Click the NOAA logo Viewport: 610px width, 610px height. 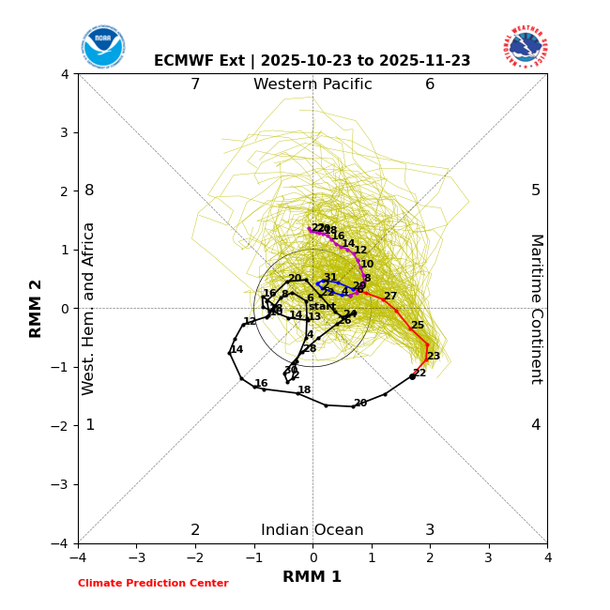(102, 46)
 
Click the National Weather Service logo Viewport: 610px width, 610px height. (525, 46)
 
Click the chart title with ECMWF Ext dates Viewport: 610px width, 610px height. (313, 61)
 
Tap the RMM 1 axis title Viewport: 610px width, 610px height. (313, 577)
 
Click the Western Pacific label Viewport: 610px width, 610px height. (313, 84)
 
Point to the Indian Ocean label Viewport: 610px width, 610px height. (313, 530)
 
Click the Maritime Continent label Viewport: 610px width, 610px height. (536, 308)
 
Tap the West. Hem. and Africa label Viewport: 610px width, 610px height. (89, 308)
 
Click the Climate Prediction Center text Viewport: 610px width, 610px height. (153, 584)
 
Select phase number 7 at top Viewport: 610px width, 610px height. (195, 84)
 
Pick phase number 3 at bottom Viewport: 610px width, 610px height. (430, 530)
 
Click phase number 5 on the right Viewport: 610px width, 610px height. (536, 191)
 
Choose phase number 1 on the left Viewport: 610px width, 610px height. (90, 425)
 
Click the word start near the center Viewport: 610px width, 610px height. (322, 307)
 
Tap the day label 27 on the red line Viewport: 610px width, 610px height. (389, 297)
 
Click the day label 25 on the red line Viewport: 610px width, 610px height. (418, 326)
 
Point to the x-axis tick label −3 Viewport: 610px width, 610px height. (136, 557)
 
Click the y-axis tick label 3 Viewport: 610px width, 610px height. (65, 132)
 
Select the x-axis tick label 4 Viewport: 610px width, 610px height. (547, 557)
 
